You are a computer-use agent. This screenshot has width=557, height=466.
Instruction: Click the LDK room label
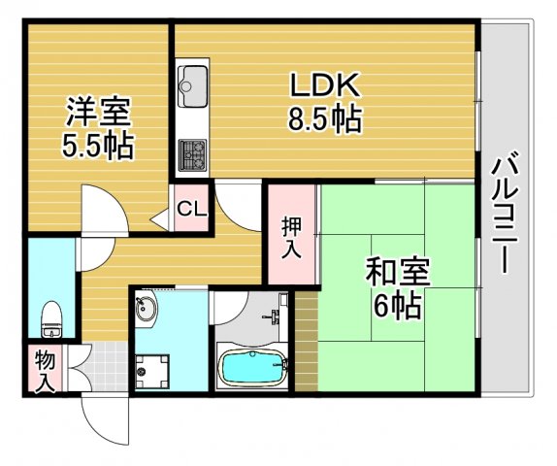324,85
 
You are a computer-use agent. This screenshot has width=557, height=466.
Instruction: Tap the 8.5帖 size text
324,119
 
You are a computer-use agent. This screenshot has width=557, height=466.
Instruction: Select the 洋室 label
99,111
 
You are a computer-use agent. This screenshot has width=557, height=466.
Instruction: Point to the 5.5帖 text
99,146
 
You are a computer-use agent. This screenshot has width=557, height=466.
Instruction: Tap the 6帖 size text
397,307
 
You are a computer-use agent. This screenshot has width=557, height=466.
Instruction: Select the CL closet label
192,209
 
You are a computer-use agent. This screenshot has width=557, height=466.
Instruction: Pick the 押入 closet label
291,238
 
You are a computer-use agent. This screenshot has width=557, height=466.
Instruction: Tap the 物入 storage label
43,371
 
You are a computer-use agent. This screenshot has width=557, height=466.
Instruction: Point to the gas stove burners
192,150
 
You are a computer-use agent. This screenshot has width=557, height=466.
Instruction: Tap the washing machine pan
151,369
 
